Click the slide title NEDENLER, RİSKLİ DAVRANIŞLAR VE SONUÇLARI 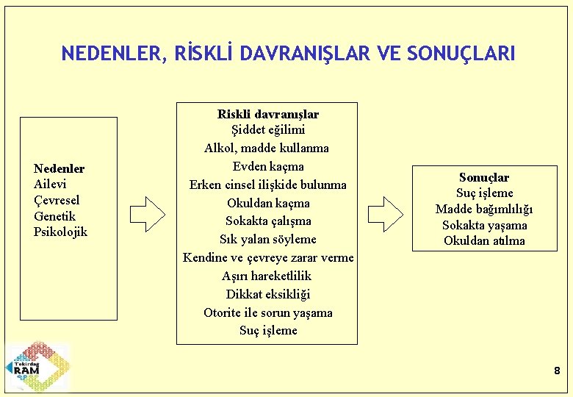pyautogui.click(x=288, y=54)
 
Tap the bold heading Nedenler pyautogui.click(x=59, y=168)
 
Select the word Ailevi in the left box pyautogui.click(x=50, y=185)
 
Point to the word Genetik pyautogui.click(x=54, y=216)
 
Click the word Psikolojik pyautogui.click(x=60, y=232)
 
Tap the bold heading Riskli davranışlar pyautogui.click(x=267, y=114)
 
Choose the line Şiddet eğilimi pyautogui.click(x=267, y=130)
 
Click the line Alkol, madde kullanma pyautogui.click(x=267, y=148)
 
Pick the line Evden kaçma pyautogui.click(x=267, y=166)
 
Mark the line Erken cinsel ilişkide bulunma pyautogui.click(x=267, y=185)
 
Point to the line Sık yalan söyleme pyautogui.click(x=267, y=239)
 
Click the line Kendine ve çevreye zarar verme pyautogui.click(x=267, y=257)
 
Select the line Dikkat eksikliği pyautogui.click(x=267, y=294)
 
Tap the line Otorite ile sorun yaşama pyautogui.click(x=267, y=312)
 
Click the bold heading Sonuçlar pyautogui.click(x=483, y=177)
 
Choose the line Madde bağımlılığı pyautogui.click(x=483, y=210)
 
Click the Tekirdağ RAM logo pyautogui.click(x=37, y=367)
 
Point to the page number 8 pyautogui.click(x=556, y=371)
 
